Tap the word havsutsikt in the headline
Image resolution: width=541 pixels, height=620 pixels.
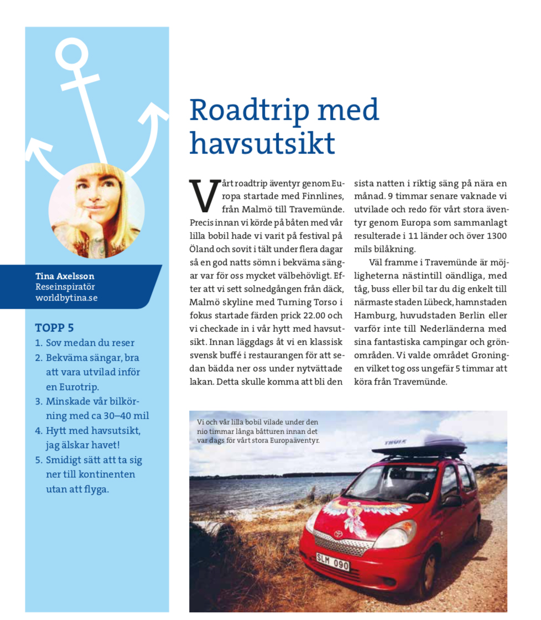pos(262,143)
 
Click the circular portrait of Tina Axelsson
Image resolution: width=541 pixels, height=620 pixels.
pos(97,211)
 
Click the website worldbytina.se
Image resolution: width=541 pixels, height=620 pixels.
pos(66,298)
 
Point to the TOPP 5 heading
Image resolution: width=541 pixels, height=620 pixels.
pos(54,327)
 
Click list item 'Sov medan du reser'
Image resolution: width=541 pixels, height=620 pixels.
pos(90,343)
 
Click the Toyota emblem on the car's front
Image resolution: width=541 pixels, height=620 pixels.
pos(338,534)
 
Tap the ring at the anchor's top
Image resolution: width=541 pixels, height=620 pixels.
pos(72,54)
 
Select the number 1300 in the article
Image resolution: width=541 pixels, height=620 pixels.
pos(496,236)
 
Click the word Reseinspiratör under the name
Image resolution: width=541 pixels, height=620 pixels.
pos(65,287)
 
